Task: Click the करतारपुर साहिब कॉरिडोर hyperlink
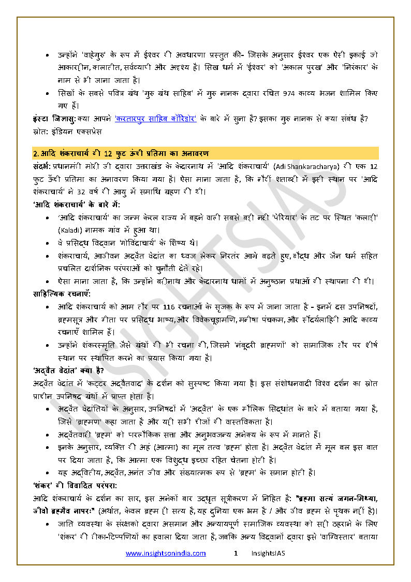coord(155,119)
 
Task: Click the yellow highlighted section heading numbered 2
coord(121,153)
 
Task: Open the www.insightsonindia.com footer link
coord(166,553)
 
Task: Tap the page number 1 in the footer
coord(236,553)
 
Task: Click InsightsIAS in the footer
coord(268,553)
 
